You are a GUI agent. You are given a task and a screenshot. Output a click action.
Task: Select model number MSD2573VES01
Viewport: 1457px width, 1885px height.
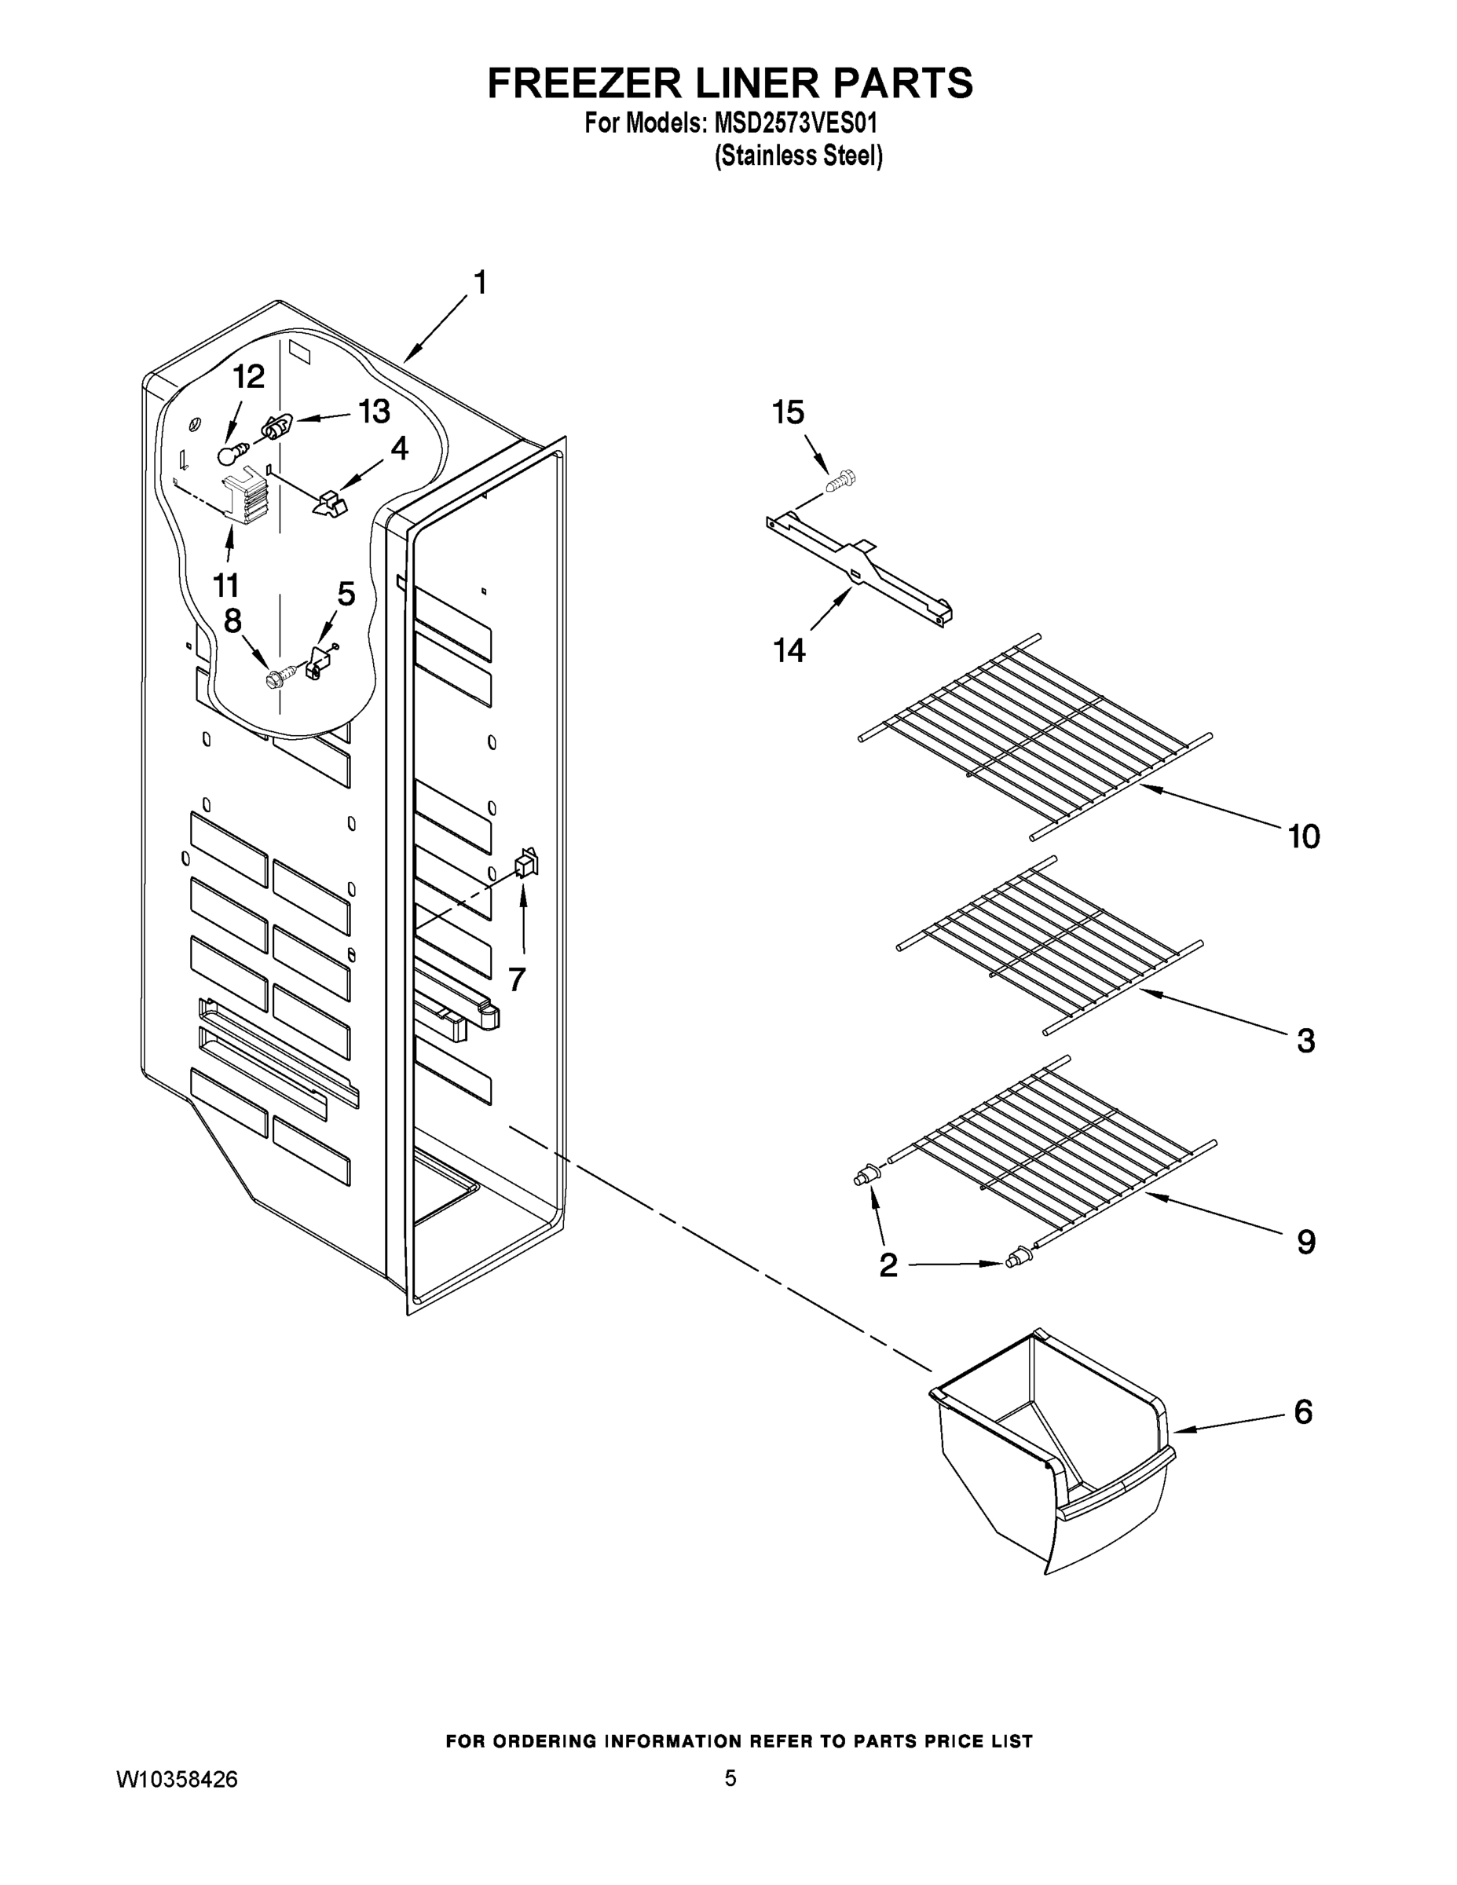coord(795,123)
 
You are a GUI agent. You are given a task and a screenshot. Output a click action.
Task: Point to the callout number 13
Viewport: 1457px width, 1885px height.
coord(374,412)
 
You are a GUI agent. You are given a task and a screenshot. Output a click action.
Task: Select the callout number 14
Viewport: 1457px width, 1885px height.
coord(789,650)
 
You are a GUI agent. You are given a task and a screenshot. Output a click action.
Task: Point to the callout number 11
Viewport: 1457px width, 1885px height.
coord(226,585)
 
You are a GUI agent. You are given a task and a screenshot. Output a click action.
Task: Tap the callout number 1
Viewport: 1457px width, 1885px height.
coord(479,282)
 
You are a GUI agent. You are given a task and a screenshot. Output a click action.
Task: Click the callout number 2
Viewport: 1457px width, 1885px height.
coord(888,1265)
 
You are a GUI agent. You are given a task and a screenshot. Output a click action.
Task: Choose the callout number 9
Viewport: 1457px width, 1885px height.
coord(1306,1242)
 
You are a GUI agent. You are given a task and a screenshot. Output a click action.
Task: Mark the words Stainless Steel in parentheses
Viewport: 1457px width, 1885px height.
coord(799,156)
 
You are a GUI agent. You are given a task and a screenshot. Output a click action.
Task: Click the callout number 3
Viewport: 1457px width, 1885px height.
coord(1306,1041)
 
